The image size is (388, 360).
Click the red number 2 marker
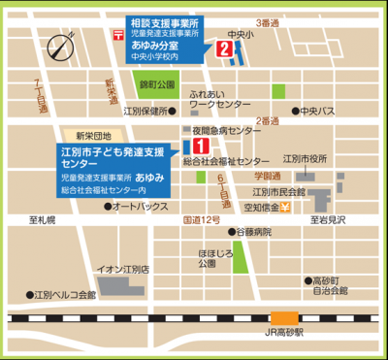coord(224,49)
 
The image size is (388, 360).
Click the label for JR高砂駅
coord(285,332)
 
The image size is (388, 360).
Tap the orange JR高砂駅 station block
coord(284,317)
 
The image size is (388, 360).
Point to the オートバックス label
coord(140,207)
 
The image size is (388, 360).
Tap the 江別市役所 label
coord(310,158)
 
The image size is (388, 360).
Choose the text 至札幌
coord(45,221)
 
